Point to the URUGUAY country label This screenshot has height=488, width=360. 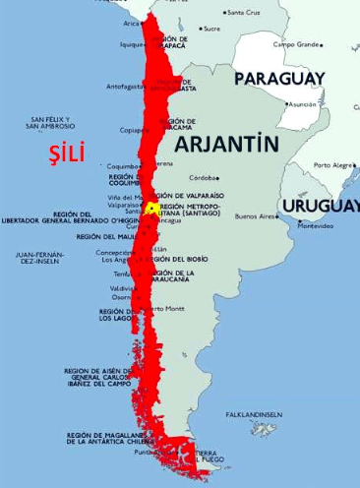pos(320,206)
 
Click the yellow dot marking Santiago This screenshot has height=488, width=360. pos(150,209)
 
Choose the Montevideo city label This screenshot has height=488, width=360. pos(316,226)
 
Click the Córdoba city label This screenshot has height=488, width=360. pos(205,177)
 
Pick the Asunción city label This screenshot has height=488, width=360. pos(301,103)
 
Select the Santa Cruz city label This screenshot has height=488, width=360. pos(243,13)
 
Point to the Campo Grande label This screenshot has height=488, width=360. pos(296,44)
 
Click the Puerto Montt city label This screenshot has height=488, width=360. pos(166,308)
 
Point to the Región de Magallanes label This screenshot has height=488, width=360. pos(106,438)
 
